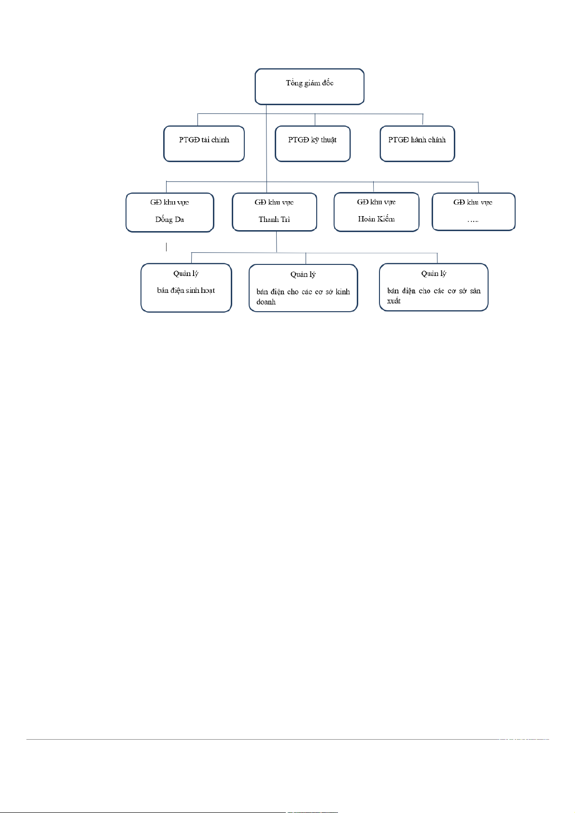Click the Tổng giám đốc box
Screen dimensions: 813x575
click(309, 86)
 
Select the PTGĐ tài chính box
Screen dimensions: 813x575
click(204, 143)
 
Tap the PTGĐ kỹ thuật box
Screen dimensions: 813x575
click(312, 143)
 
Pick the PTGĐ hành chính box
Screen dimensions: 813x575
click(417, 143)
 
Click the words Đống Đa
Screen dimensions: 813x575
click(169, 220)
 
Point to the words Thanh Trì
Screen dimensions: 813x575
click(274, 220)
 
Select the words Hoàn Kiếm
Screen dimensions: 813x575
click(376, 219)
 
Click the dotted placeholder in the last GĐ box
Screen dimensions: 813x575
click(473, 220)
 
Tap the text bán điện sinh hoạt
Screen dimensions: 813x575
click(186, 290)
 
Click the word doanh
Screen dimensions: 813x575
click(266, 302)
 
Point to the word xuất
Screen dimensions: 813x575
click(393, 301)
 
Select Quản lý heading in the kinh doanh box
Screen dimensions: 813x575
click(303, 275)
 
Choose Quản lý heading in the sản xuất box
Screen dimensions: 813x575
click(434, 274)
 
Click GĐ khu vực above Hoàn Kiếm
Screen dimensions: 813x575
click(376, 202)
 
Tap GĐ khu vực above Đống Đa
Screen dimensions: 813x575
click(169, 202)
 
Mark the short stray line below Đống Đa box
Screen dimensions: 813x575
click(167, 247)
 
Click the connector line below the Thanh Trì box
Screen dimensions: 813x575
click(277, 242)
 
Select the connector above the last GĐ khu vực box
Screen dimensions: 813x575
click(478, 187)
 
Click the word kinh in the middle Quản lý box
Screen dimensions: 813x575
click(343, 292)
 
